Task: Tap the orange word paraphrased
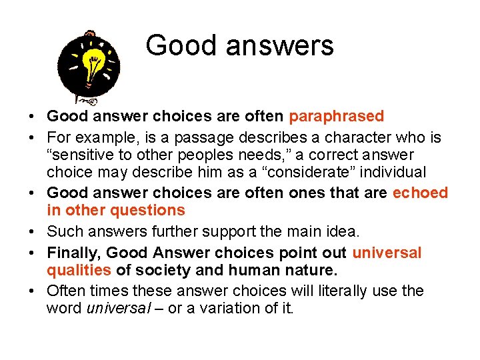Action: tap(336, 117)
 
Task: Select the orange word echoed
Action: tap(420, 193)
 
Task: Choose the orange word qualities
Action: tap(79, 271)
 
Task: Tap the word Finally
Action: tap(73, 253)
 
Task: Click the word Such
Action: tap(62, 232)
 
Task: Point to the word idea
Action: tap(344, 232)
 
